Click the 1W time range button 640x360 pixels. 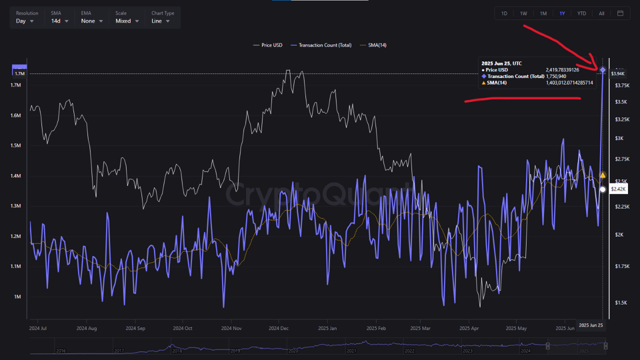tap(523, 13)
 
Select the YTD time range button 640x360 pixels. tap(581, 13)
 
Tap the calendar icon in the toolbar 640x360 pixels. tap(620, 13)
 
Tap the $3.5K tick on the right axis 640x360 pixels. tap(621, 102)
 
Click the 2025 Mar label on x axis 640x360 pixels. tap(420, 328)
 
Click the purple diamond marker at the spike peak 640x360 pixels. tap(602, 70)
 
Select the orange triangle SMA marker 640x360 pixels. tap(602, 175)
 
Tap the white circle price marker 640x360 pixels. tap(602, 189)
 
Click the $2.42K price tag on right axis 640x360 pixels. tap(618, 189)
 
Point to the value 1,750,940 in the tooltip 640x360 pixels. tap(556, 76)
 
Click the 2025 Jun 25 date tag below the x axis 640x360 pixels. tap(591, 325)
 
